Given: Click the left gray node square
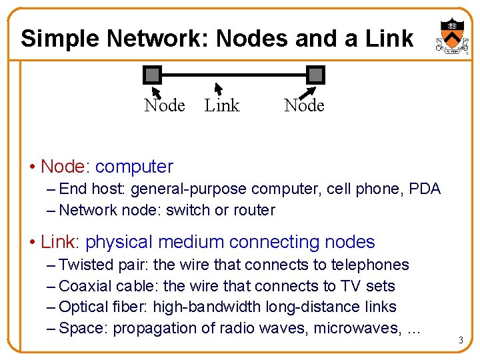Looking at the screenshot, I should click(x=153, y=75).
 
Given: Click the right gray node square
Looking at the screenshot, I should click(x=315, y=75).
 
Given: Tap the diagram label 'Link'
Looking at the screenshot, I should click(x=221, y=105).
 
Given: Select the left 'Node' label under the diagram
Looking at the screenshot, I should click(x=165, y=105).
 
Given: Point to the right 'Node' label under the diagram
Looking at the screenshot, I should click(x=304, y=105).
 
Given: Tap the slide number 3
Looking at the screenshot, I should click(x=461, y=341).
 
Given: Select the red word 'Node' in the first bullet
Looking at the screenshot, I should click(x=63, y=167).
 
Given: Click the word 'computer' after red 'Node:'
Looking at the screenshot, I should click(x=134, y=167).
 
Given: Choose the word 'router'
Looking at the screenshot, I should click(x=254, y=210).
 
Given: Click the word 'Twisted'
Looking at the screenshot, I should click(x=87, y=265).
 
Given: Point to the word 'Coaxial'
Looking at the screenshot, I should click(x=85, y=286).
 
